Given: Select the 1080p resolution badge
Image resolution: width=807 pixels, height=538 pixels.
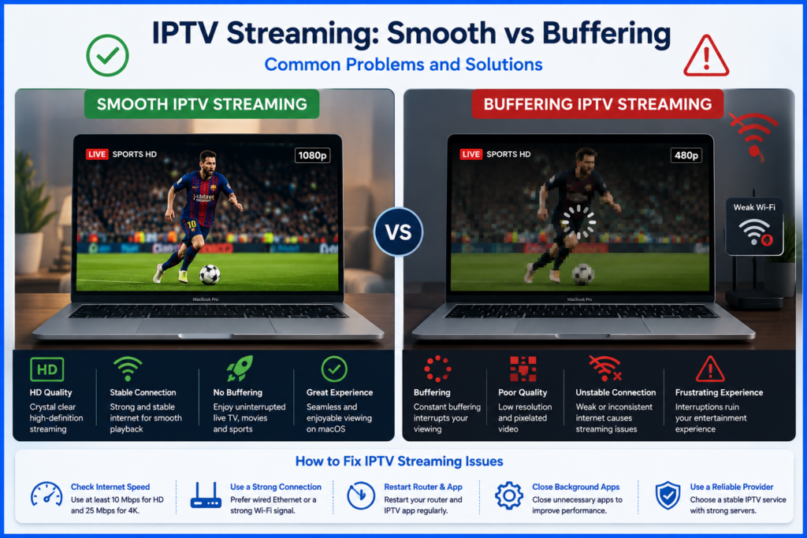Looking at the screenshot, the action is click(312, 155).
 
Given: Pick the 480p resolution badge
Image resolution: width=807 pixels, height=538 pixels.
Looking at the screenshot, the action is click(686, 155).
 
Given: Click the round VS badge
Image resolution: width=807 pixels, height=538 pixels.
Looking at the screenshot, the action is click(398, 232).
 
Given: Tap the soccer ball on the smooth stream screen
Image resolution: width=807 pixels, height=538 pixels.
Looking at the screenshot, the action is click(210, 274).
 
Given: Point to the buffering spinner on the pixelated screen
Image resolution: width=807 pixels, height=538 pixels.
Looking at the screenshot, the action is click(578, 222).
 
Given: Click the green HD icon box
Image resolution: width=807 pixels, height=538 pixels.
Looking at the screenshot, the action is click(46, 369).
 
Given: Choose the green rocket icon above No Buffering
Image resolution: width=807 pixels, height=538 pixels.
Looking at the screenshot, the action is click(240, 369).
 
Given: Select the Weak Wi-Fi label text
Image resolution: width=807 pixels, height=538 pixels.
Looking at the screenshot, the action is click(754, 207).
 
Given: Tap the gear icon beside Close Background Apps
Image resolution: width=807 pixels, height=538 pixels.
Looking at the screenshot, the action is click(509, 495).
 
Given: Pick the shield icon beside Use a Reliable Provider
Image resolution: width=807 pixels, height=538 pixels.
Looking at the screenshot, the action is click(668, 495).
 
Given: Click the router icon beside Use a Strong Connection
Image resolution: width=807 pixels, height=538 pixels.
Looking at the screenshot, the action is click(206, 495).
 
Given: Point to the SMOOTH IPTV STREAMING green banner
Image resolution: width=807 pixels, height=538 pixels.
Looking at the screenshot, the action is click(202, 104).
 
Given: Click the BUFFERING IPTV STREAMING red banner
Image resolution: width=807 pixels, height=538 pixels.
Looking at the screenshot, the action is click(597, 104).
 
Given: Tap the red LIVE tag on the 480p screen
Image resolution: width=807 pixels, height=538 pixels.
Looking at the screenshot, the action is click(470, 154).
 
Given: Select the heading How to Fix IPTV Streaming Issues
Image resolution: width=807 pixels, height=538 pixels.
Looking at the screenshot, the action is click(400, 461).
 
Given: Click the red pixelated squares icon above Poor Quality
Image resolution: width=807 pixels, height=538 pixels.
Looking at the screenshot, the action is click(523, 369).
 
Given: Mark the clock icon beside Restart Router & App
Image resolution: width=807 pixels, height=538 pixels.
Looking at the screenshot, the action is click(361, 495).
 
